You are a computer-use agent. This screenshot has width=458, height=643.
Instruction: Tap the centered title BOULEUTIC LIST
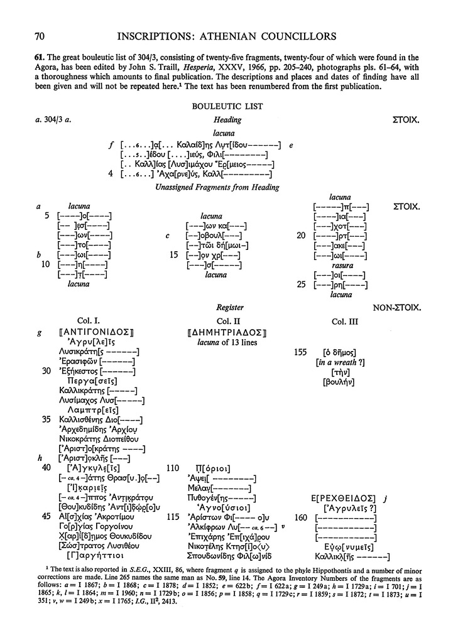tap(228, 107)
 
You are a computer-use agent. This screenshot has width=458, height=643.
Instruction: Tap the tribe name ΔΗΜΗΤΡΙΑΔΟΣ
tap(228, 333)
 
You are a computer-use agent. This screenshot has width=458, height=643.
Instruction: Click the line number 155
tap(300, 352)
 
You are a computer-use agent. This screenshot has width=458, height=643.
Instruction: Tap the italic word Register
tap(229, 308)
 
